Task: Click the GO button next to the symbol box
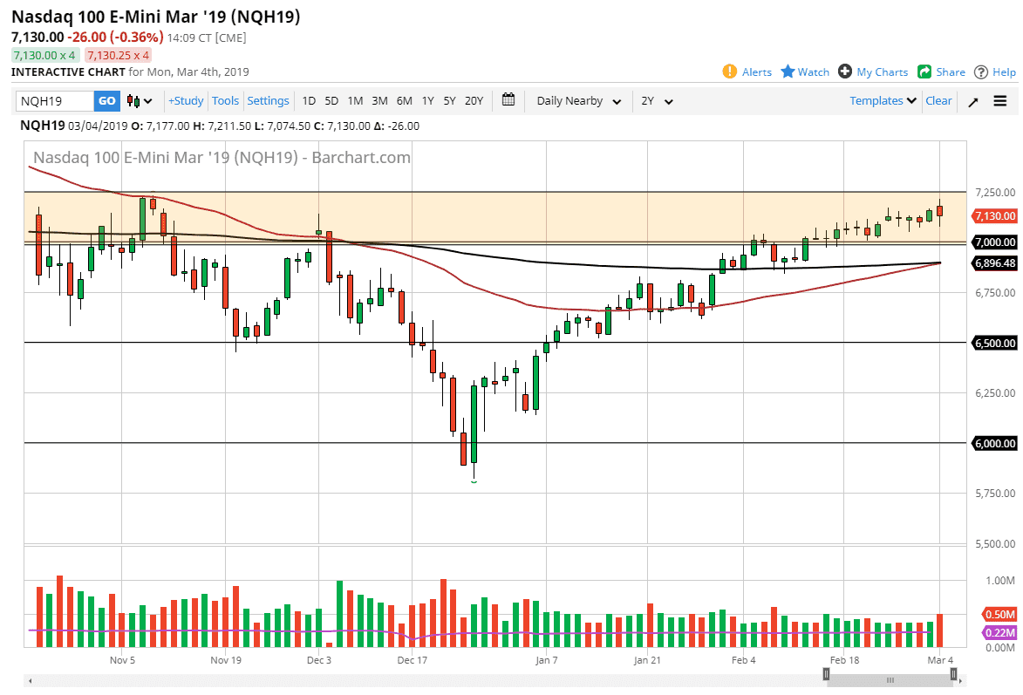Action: click(106, 101)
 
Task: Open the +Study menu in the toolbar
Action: click(186, 101)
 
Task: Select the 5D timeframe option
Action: click(331, 101)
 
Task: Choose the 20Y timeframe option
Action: click(474, 101)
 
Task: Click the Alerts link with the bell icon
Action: click(747, 72)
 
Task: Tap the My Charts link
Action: click(873, 72)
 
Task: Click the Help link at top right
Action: click(995, 72)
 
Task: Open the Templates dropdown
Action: click(883, 101)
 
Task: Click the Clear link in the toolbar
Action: click(938, 101)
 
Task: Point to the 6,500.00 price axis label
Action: click(994, 344)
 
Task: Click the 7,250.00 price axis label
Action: click(994, 192)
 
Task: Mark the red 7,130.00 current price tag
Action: click(995, 216)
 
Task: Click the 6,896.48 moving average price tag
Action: click(995, 263)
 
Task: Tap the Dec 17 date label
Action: click(412, 661)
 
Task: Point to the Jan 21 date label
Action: click(647, 661)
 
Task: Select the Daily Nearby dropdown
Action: click(578, 101)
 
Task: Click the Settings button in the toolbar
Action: click(268, 101)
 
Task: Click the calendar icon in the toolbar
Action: click(508, 100)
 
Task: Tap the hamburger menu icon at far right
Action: click(999, 101)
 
